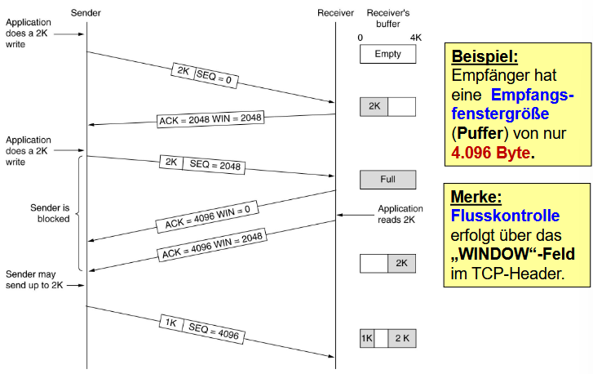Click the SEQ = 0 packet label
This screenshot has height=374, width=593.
coord(216,78)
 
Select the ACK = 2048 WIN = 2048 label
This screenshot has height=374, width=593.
coord(210,119)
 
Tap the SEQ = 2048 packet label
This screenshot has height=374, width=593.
coord(214,165)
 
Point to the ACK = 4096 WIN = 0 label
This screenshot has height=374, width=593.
coord(208,216)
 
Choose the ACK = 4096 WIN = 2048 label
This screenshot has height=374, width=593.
coord(212,245)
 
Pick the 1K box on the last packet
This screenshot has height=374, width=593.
coord(171,323)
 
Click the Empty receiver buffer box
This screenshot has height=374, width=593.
coord(387,54)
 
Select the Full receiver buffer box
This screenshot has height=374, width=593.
coord(387,180)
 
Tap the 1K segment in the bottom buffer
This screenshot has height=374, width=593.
coord(366,338)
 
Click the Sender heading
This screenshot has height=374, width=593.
coord(86,13)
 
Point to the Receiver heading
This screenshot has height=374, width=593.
coord(335,13)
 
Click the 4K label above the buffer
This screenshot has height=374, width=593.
coord(416,38)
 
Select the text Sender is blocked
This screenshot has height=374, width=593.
coord(50,213)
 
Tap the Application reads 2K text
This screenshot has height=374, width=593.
coord(400,214)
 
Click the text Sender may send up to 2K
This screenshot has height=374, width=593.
coord(34,280)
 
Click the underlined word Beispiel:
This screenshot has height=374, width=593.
coord(485,56)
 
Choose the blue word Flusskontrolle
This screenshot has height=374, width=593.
coord(505,216)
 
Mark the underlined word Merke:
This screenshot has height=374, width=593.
coord(476,197)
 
